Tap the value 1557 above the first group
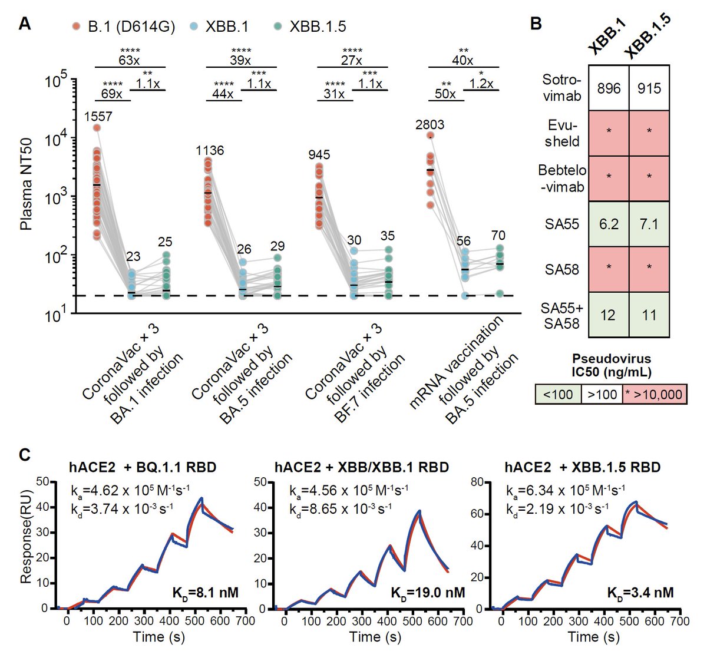click(x=98, y=117)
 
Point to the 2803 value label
click(x=430, y=124)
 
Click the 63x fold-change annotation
click(x=130, y=60)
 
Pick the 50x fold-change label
click(x=445, y=94)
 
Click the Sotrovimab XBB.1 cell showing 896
click(x=609, y=88)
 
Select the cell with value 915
click(x=649, y=88)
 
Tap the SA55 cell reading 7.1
click(x=649, y=224)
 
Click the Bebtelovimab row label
click(x=562, y=179)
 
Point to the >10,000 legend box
click(x=655, y=394)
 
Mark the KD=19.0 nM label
click(x=428, y=592)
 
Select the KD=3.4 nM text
click(x=640, y=592)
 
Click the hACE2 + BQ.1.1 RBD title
click(x=141, y=467)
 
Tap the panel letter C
click(x=25, y=455)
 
